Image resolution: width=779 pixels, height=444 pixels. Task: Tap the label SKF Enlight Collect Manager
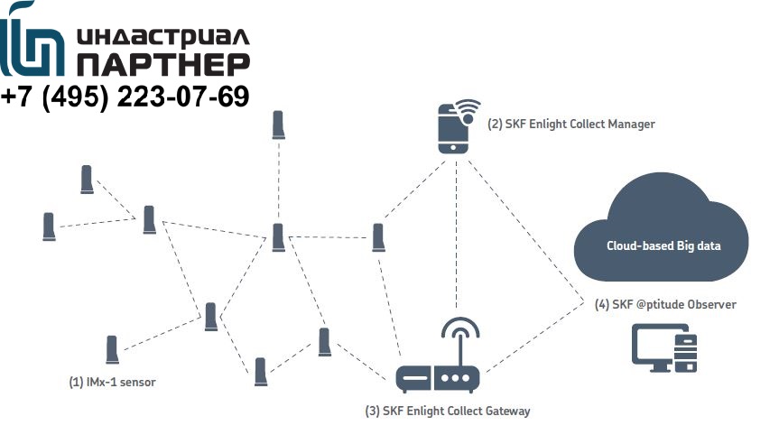pos(570,124)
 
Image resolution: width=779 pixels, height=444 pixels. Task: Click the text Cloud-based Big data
pos(663,245)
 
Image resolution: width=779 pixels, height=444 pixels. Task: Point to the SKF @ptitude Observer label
pos(665,304)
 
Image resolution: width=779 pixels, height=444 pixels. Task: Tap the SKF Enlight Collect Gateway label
pos(447,412)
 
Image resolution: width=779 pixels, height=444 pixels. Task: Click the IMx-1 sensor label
pos(112,382)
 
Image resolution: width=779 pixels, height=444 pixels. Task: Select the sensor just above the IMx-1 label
pos(112,350)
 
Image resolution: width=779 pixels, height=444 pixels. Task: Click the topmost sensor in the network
pos(279,125)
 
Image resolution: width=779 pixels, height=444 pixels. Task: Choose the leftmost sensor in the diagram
pos(50,226)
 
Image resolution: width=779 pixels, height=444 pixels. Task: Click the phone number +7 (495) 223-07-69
pos(126,97)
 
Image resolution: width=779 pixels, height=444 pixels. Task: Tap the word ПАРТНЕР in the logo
pos(163,64)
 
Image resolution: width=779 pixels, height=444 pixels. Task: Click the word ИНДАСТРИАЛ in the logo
pos(163,37)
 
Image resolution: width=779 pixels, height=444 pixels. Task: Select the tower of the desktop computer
pos(687,349)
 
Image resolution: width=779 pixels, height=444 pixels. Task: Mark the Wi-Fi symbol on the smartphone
pos(468,111)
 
